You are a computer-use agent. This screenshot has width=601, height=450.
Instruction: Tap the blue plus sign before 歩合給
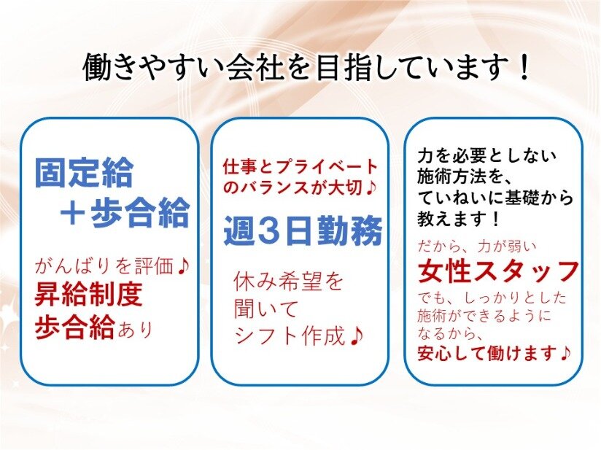[x=73, y=213]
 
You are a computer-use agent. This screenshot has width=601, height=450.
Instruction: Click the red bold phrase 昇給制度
[x=88, y=295]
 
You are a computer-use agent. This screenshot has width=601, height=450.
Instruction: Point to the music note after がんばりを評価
[x=184, y=265]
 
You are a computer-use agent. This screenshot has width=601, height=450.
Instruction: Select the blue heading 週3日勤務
[x=303, y=230]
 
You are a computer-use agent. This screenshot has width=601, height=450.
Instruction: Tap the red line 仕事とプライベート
[x=300, y=167]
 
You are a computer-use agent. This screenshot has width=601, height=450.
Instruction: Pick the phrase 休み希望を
[x=289, y=281]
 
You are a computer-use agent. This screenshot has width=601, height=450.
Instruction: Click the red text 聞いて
[x=265, y=309]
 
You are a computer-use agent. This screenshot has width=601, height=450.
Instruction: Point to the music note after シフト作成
[x=357, y=336]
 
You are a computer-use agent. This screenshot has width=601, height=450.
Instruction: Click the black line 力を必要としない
[x=486, y=156]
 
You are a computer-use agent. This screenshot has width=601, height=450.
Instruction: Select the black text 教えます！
[x=460, y=219]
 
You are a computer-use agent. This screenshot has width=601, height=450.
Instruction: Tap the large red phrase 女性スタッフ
[x=498, y=271]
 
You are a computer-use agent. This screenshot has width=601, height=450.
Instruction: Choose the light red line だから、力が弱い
[x=477, y=247]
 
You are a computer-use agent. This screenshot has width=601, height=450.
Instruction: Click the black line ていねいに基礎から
[x=495, y=198]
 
